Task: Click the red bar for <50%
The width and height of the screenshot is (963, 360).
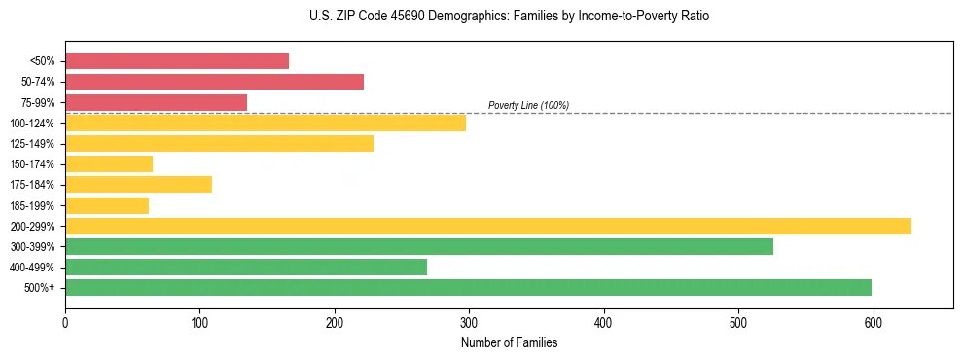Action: coord(177,61)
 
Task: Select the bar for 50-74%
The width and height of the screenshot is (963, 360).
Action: coord(214,82)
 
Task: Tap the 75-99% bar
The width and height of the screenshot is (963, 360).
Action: coord(156,102)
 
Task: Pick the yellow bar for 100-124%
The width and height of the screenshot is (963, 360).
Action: coord(266,123)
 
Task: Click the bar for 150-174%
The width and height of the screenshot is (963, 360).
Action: coord(109,163)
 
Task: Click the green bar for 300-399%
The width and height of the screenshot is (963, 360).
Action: coord(419,246)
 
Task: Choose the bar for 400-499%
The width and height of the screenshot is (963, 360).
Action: coord(246,267)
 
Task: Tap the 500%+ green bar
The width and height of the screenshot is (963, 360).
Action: coord(468,287)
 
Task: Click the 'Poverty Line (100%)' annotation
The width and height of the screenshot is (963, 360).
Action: coord(528,105)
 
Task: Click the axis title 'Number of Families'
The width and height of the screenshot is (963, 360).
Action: coord(509,343)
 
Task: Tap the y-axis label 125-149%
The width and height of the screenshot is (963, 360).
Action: coord(33,144)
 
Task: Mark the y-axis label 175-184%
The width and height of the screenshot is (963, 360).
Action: coord(33,185)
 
